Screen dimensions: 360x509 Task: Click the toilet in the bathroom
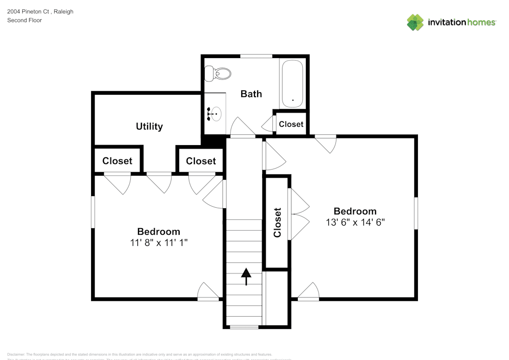point(217,74)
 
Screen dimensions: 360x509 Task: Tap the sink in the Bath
point(216,113)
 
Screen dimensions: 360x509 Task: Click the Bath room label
point(251,94)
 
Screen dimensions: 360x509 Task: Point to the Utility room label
point(149,126)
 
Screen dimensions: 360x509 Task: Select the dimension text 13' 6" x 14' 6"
point(355,222)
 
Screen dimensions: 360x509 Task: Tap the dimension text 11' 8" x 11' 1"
point(159,243)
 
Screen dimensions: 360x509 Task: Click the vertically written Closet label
point(277,223)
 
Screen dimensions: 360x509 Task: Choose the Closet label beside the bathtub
point(291,124)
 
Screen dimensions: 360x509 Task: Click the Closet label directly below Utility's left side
point(117,161)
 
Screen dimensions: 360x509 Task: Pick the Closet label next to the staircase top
point(201,161)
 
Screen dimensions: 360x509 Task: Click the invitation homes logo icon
point(415,22)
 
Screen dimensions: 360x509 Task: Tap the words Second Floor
point(24,20)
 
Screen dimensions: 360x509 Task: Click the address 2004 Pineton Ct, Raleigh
point(40,11)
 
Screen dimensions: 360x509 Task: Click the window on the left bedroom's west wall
point(93,212)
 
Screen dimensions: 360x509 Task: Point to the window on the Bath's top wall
point(256,56)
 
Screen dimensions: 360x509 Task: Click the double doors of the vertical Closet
point(299,214)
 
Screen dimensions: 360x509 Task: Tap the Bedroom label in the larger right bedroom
point(355,211)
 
